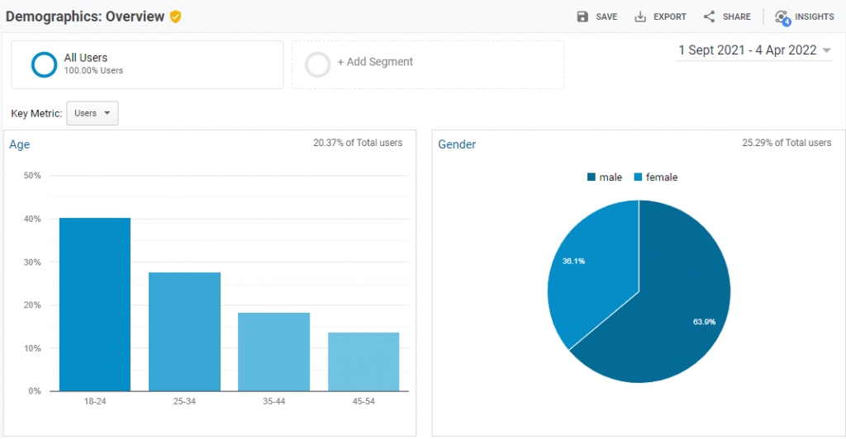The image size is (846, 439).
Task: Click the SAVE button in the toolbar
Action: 596,17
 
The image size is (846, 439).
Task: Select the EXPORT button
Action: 660,17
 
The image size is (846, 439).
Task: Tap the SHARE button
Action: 727,17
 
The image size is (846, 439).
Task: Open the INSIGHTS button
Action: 804,17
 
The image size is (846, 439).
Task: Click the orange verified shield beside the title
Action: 175,17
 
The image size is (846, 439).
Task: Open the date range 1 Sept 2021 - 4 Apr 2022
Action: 754,50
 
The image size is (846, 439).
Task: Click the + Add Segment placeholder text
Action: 375,62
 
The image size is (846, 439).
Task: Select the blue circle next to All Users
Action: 44,64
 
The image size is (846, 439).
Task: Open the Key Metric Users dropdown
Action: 92,113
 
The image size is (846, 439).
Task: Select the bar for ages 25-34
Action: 184,331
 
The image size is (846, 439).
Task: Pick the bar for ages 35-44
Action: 273,351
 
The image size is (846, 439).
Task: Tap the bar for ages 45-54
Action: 364,361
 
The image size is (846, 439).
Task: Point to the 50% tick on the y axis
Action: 33,176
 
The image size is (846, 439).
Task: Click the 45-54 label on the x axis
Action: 364,402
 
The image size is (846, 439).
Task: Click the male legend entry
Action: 605,177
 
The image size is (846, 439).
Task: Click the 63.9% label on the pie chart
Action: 703,321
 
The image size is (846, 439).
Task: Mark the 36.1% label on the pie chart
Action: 573,261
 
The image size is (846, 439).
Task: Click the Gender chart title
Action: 457,144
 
